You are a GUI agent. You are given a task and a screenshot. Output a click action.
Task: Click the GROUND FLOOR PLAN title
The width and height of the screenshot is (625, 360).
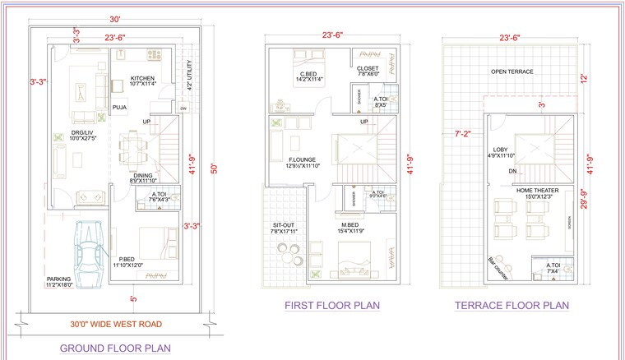coord(115,348)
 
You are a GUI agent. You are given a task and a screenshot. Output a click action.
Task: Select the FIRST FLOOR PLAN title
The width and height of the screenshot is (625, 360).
coord(332,306)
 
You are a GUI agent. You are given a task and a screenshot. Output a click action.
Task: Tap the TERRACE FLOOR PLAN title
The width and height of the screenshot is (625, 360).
coord(512,306)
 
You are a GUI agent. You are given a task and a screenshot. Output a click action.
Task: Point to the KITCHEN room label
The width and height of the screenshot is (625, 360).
coord(143,79)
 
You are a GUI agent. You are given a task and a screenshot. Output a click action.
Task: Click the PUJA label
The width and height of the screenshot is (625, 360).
coord(119,106)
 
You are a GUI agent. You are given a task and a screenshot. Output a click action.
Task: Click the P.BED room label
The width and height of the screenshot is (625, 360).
coord(127,261)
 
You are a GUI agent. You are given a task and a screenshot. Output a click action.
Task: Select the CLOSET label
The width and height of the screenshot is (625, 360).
coord(366,70)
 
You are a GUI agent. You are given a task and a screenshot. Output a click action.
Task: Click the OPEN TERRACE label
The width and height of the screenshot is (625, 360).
coord(512,72)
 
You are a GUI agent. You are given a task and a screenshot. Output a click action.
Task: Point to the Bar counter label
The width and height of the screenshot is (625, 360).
coord(499,267)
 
